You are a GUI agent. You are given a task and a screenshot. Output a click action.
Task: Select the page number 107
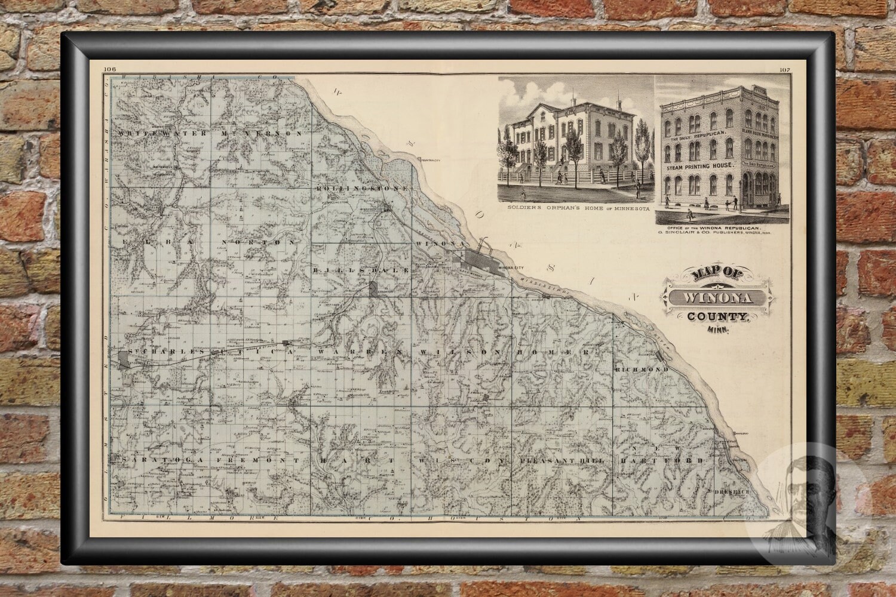[x=785, y=70]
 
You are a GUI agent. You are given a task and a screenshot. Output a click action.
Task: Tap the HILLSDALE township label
[x=359, y=270]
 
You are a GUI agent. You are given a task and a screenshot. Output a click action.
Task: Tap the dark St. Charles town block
[x=124, y=359]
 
